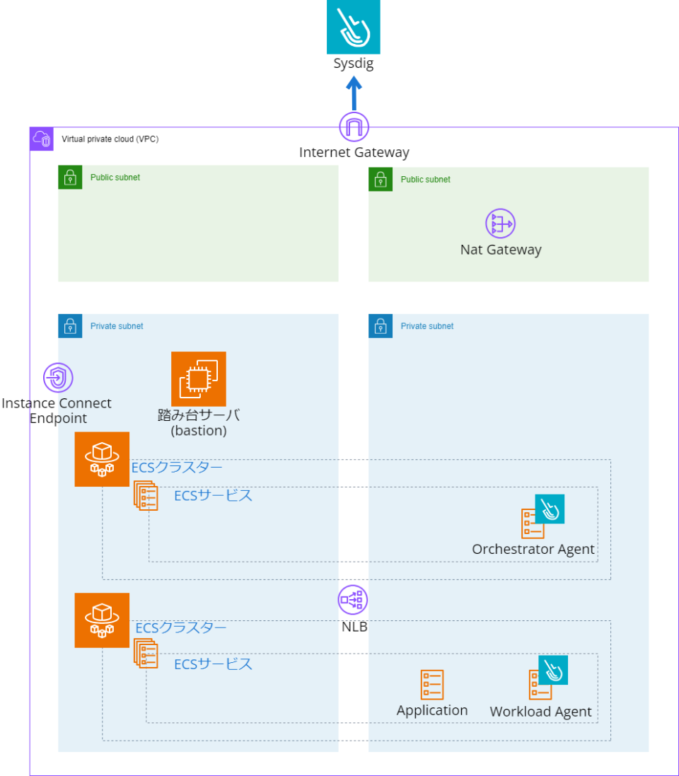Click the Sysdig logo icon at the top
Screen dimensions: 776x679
pyautogui.click(x=353, y=27)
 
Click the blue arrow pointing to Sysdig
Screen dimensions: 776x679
pyautogui.click(x=354, y=93)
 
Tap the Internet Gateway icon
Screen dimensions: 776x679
pyautogui.click(x=354, y=127)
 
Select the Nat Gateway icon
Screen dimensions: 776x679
pyautogui.click(x=500, y=224)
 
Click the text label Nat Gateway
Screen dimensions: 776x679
pyautogui.click(x=501, y=250)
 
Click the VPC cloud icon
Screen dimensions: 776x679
pyautogui.click(x=42, y=139)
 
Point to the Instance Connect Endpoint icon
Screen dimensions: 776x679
pyautogui.click(x=58, y=378)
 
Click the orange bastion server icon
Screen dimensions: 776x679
pyautogui.click(x=199, y=379)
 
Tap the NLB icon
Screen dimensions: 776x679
pyautogui.click(x=352, y=601)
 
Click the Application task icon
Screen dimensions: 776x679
pyautogui.click(x=432, y=685)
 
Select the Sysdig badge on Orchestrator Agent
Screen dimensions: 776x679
pyautogui.click(x=550, y=509)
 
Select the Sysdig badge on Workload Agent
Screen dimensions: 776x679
pyautogui.click(x=553, y=670)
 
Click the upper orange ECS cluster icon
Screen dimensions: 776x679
pyautogui.click(x=103, y=459)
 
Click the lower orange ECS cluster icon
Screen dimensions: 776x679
pyautogui.click(x=103, y=620)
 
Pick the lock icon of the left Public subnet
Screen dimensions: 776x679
pyautogui.click(x=70, y=178)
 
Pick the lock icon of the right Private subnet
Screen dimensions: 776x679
pyautogui.click(x=381, y=327)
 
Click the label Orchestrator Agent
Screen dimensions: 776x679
pyautogui.click(x=533, y=549)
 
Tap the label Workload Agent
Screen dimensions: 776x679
pyautogui.click(x=540, y=712)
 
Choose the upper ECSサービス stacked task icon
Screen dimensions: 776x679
pyautogui.click(x=146, y=495)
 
